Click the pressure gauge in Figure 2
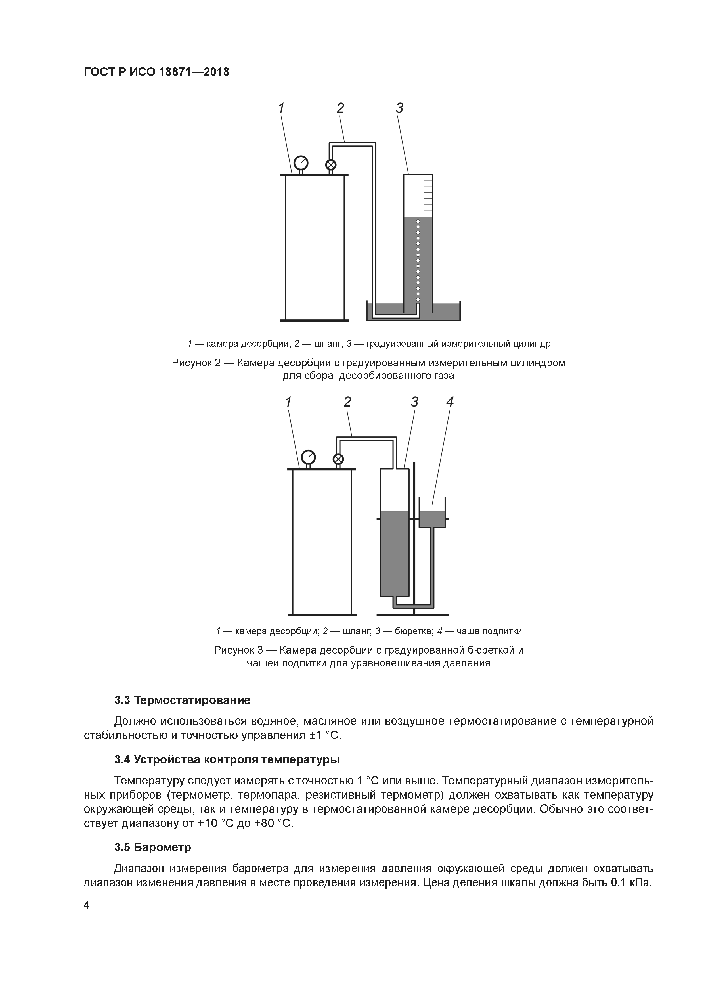coord(301,163)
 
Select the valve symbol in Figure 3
coord(338,459)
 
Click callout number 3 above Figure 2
coord(399,108)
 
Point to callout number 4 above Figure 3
coord(450,402)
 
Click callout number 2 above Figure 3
coord(347,402)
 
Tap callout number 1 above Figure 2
coord(281,108)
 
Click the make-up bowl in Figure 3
coord(432,518)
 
